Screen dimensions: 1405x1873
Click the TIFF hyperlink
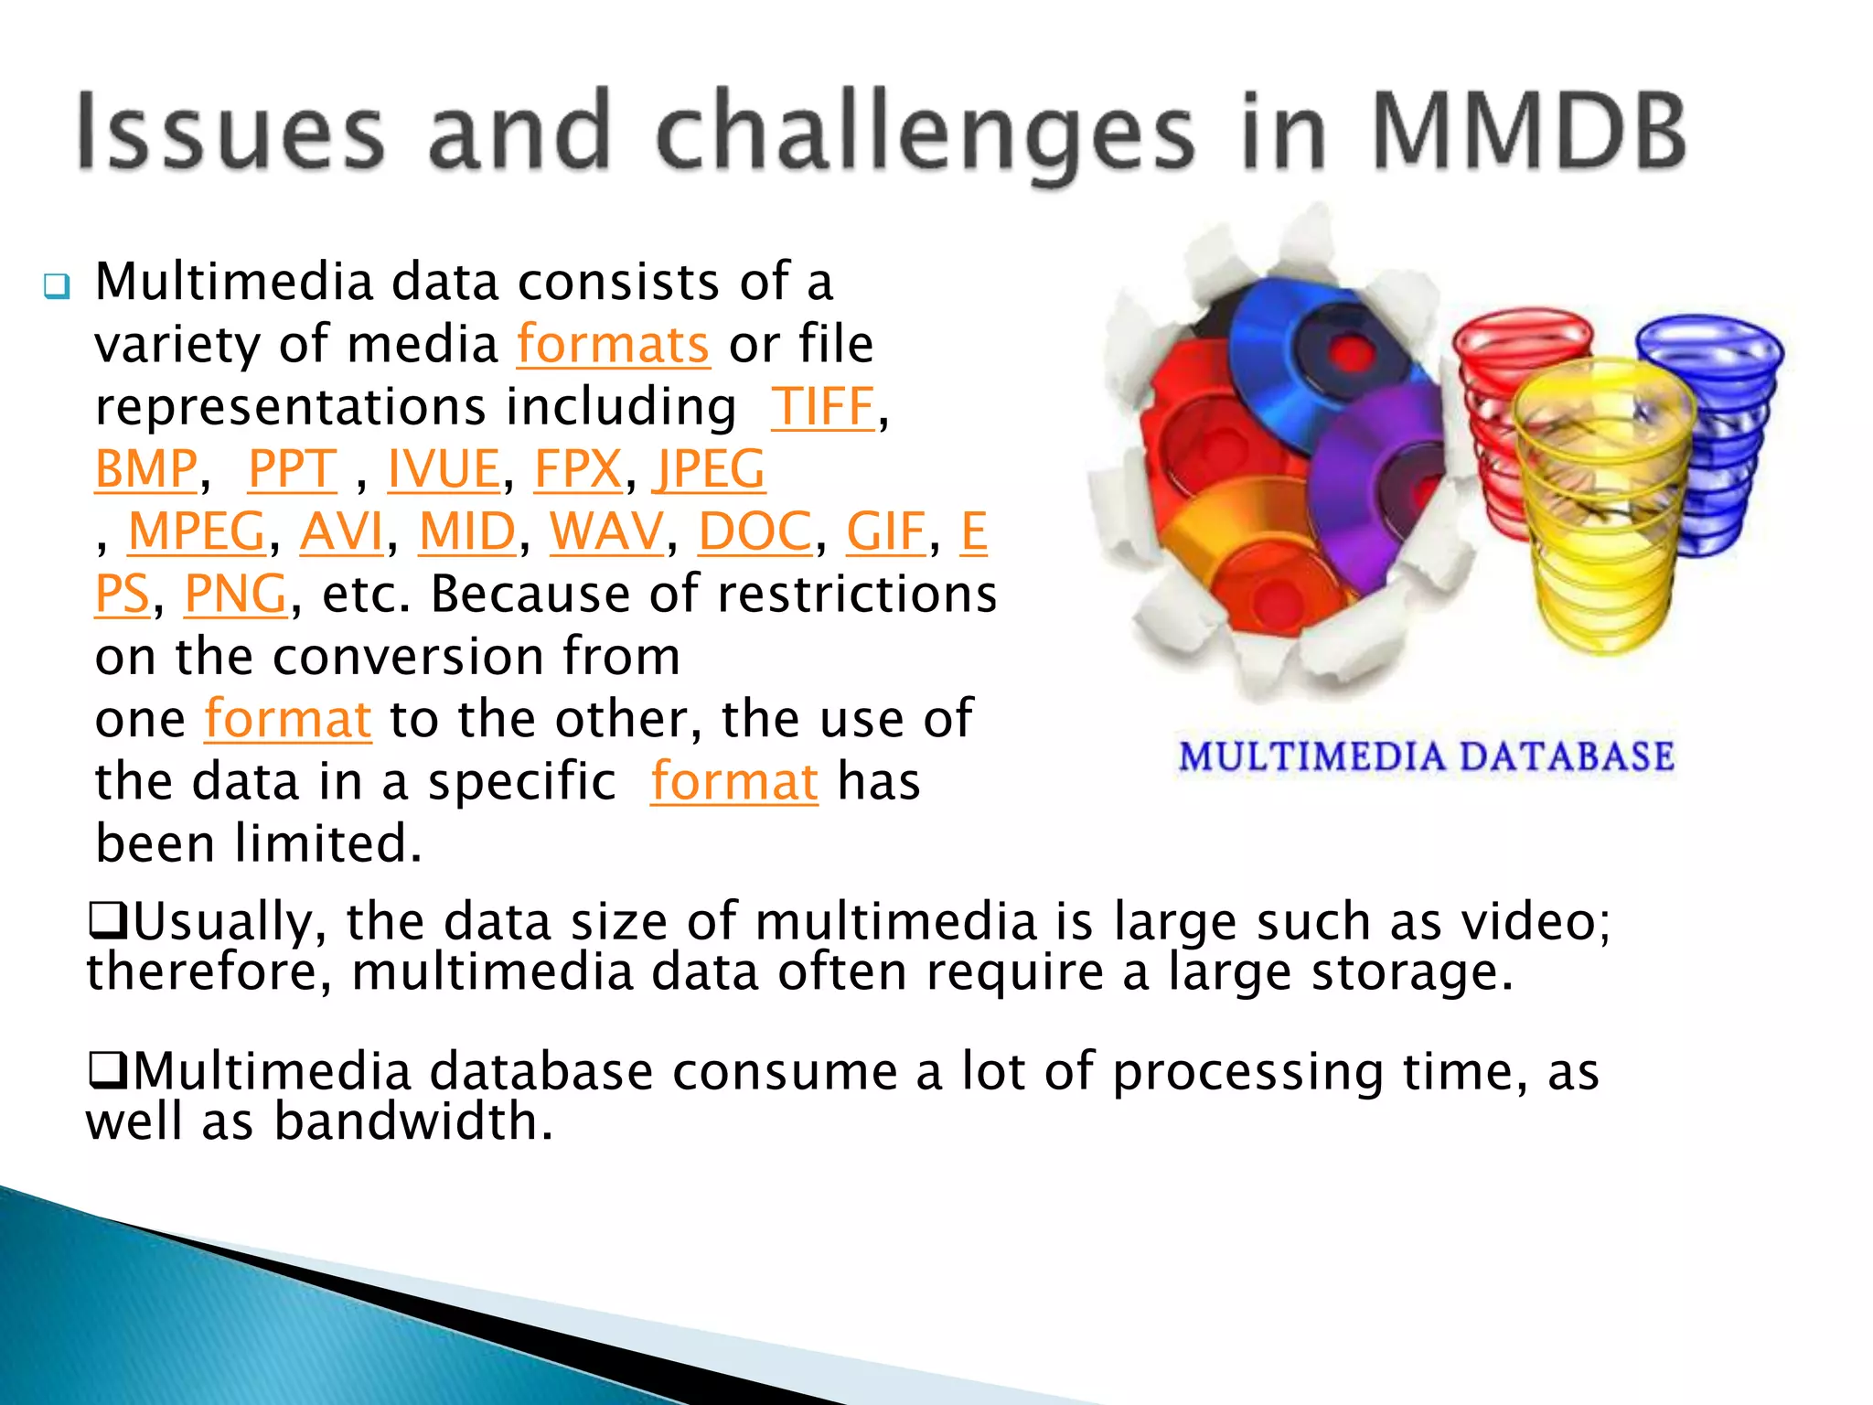click(x=823, y=407)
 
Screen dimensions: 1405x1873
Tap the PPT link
click(x=293, y=469)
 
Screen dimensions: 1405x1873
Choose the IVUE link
click(x=444, y=469)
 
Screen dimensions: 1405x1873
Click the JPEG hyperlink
click(x=709, y=469)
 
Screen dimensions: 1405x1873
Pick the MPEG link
click(x=197, y=531)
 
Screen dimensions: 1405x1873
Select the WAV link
click(x=606, y=531)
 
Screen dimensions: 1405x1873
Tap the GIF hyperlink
click(x=885, y=531)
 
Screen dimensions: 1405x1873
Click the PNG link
click(x=236, y=595)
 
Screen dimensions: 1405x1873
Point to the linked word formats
click(x=613, y=345)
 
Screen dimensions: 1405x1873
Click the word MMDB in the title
click(x=1527, y=133)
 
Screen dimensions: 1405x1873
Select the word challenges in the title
click(x=924, y=133)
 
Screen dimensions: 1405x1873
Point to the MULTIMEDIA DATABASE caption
click(x=1427, y=757)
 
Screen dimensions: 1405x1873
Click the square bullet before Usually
click(x=108, y=920)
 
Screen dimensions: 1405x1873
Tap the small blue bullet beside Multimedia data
click(x=57, y=287)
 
